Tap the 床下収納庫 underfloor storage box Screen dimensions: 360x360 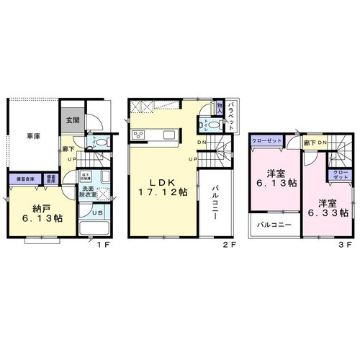click(x=84, y=175)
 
